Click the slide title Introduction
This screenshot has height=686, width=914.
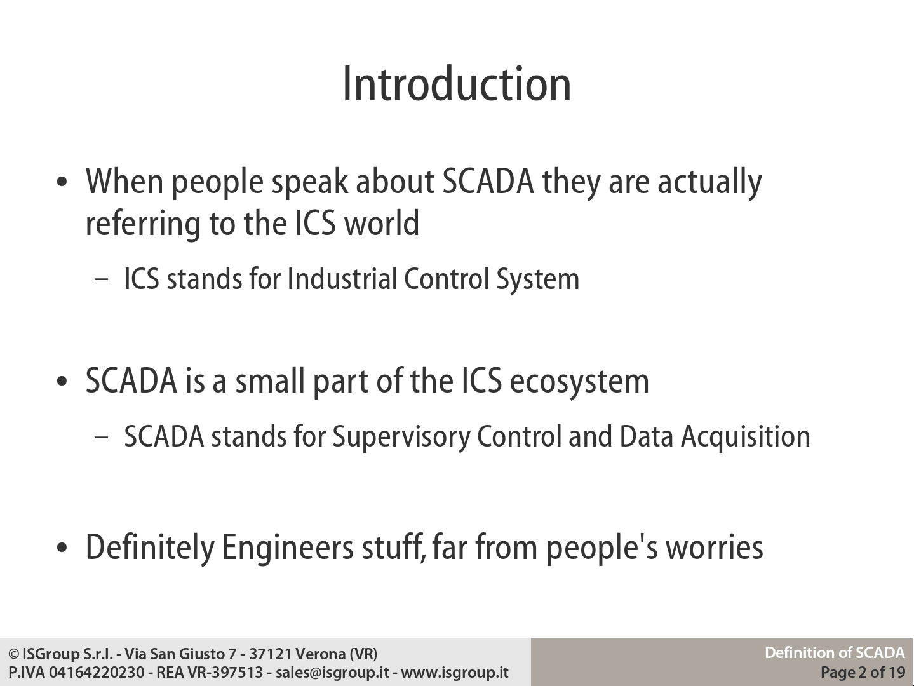tap(457, 84)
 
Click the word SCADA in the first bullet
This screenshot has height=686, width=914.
tap(488, 182)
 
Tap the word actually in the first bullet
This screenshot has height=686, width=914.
tap(710, 183)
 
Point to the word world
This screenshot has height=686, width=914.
tap(382, 223)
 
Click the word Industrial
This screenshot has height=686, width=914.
tap(342, 278)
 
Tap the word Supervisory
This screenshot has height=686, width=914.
tap(401, 438)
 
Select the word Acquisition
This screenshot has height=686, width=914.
tap(746, 438)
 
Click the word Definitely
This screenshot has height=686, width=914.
tap(150, 548)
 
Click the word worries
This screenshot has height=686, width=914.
tap(715, 548)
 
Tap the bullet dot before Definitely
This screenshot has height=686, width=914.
tap(62, 548)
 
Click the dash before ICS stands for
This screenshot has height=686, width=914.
tap(101, 279)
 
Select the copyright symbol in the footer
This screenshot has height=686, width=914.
tap(14, 654)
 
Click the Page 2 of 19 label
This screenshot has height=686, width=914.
tap(863, 672)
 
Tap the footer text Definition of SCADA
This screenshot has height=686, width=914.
tap(835, 653)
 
